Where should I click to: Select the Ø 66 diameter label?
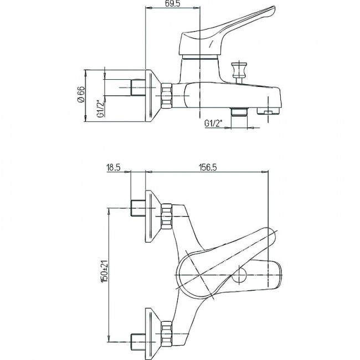(81, 95)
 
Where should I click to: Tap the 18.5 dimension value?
(114, 168)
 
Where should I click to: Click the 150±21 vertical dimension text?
(105, 272)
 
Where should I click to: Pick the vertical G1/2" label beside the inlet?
(101, 109)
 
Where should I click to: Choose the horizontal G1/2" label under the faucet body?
(214, 124)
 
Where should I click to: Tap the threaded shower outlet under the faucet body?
(239, 112)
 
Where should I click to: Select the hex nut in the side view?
(167, 95)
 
